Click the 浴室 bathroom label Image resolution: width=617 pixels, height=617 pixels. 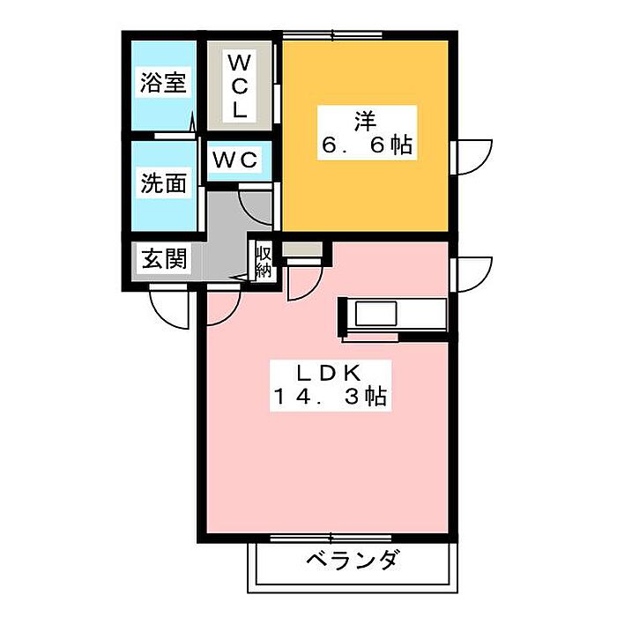(163, 83)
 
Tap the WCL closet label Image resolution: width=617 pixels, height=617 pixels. (239, 85)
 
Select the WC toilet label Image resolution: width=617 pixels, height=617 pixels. (235, 160)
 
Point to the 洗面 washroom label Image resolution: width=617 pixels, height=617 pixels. (163, 183)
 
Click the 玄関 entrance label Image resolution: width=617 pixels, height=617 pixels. (164, 259)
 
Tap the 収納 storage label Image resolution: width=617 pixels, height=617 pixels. (264, 261)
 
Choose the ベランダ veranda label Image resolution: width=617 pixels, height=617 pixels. (352, 560)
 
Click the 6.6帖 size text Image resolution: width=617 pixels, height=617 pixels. (368, 145)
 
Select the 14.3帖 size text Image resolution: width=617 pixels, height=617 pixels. (330, 397)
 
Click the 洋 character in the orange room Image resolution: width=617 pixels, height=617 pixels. (366, 121)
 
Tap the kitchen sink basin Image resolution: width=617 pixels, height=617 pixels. (375, 313)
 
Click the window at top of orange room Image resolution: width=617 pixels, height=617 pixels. (332, 36)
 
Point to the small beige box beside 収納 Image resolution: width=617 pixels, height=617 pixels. (302, 249)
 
